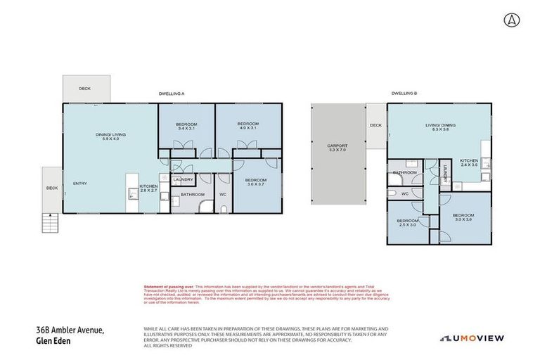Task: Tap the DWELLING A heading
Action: click(172, 94)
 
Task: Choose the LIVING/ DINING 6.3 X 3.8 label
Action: click(440, 128)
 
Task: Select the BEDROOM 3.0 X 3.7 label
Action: click(255, 183)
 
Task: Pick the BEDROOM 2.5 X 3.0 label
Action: click(407, 223)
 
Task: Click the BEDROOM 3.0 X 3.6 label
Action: click(463, 217)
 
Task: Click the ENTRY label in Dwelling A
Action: click(79, 184)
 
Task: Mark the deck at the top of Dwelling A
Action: click(85, 89)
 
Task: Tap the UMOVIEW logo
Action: click(472, 338)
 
